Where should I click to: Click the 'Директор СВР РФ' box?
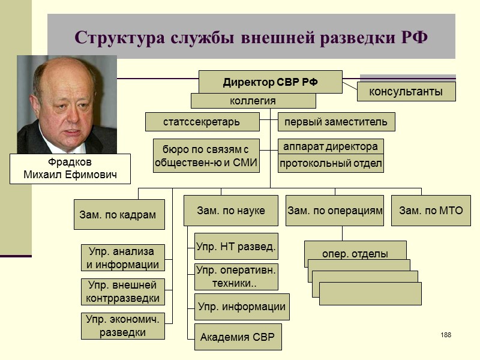click(270, 82)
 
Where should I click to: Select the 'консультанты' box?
click(406, 92)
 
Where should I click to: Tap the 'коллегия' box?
click(253, 101)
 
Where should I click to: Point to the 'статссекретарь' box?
click(202, 122)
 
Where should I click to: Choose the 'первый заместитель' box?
click(336, 122)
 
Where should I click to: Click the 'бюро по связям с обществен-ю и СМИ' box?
click(206, 155)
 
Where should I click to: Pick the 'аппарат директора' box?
click(330, 146)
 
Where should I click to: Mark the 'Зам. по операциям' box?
click(334, 211)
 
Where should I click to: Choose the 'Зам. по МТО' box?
click(431, 211)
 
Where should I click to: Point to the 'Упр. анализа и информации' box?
click(122, 258)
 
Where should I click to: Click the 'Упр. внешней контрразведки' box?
click(122, 292)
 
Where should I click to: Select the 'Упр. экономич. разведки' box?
click(122, 326)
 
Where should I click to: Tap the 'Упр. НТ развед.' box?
click(236, 246)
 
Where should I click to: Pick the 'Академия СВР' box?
click(237, 337)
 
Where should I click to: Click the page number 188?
click(445, 334)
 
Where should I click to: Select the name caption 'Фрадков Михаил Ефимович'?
click(70, 169)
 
